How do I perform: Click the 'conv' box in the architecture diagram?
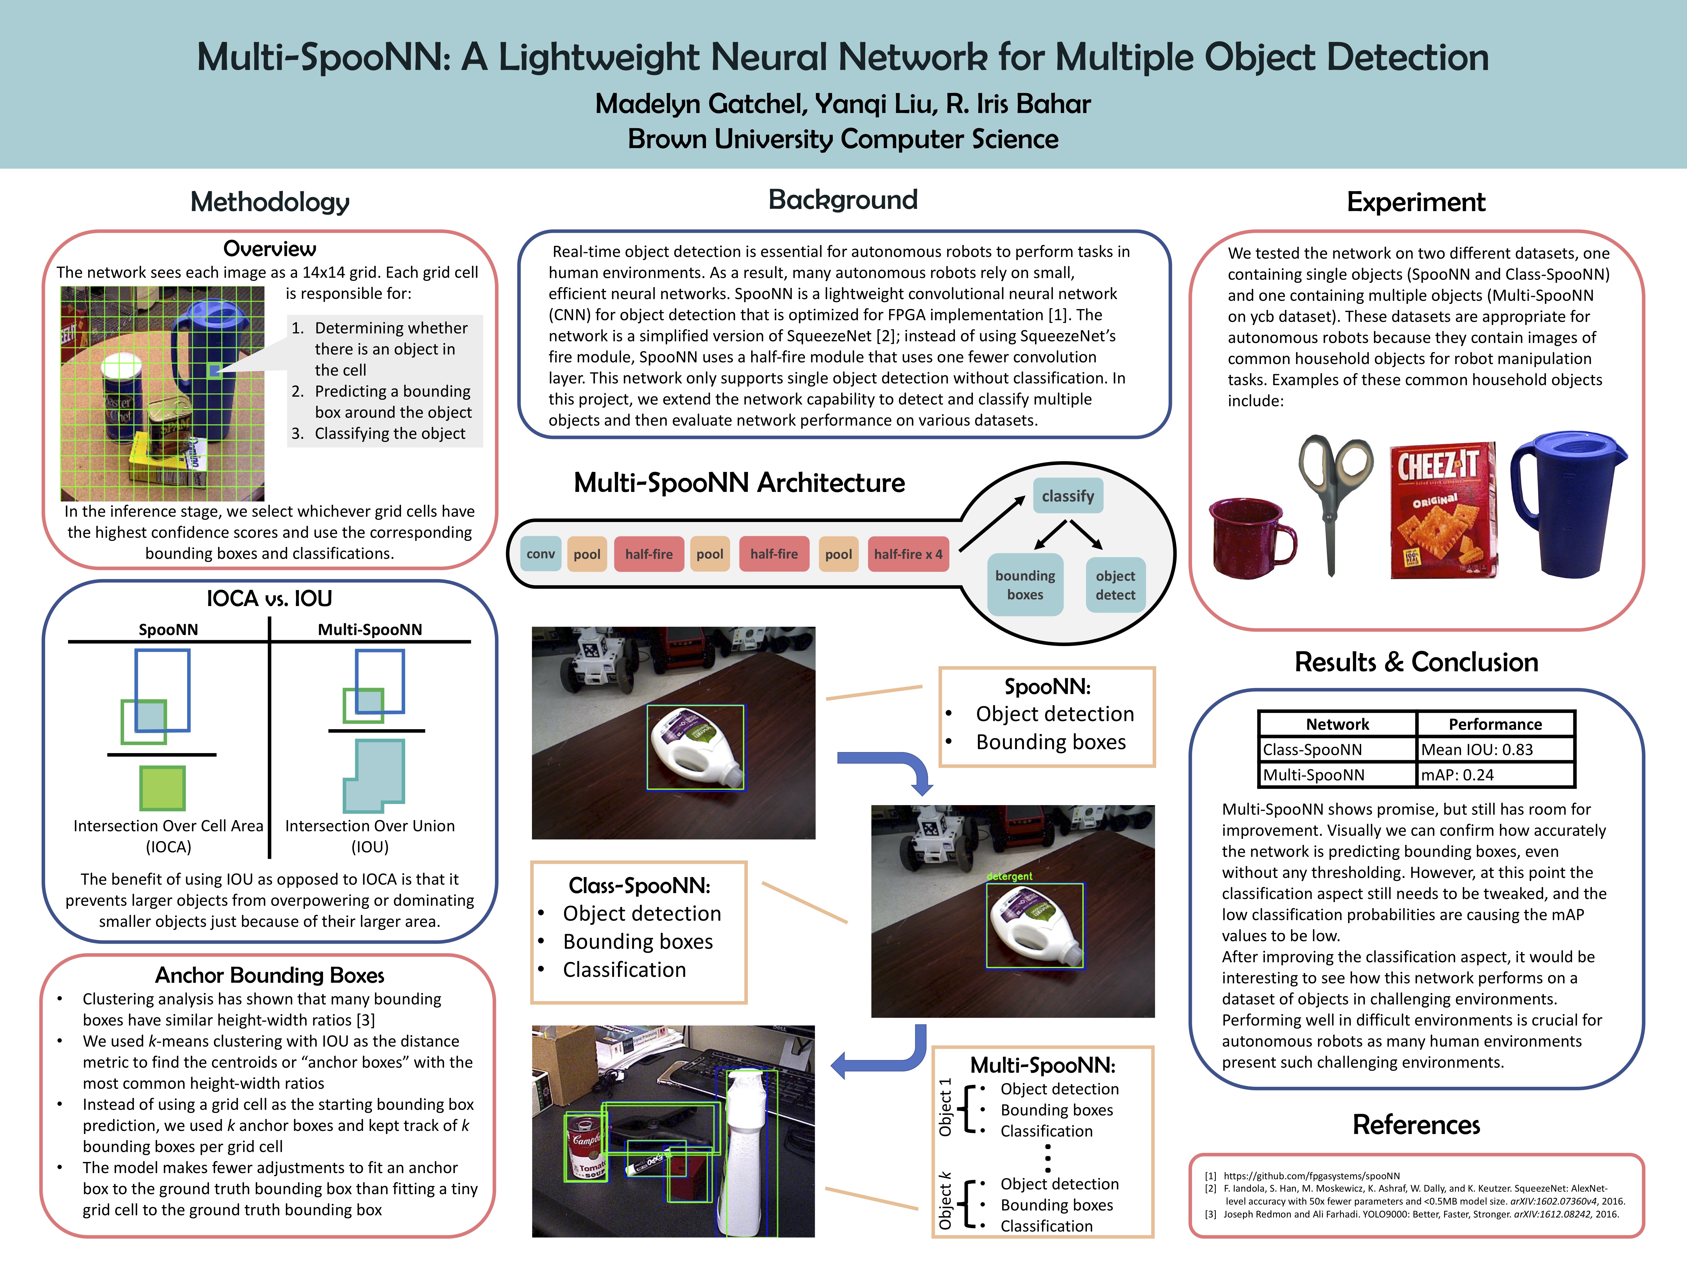tap(541, 554)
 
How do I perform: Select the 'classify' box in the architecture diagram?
tap(1068, 496)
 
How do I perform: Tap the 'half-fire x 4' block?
tap(908, 554)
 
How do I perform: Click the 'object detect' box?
tap(1115, 585)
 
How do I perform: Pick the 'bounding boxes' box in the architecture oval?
tap(1025, 585)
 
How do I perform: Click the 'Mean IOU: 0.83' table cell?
tap(1495, 749)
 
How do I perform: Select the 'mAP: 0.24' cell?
tap(1495, 775)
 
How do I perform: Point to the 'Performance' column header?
tap(1495, 724)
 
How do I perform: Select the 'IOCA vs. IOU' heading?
tap(269, 598)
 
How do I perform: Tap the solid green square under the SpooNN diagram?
tap(163, 788)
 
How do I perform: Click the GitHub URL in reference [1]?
tap(1312, 1176)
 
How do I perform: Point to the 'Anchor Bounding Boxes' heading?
tap(269, 975)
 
